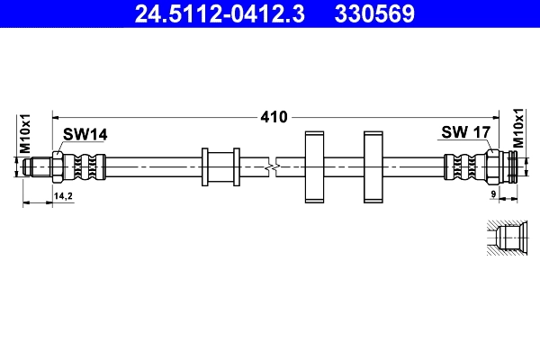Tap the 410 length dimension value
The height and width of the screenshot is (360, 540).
pos(274,116)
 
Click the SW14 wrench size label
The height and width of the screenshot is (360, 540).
pos(85,134)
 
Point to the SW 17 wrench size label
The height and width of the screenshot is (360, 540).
pos(464,132)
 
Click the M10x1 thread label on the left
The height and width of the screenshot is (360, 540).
pos(25,134)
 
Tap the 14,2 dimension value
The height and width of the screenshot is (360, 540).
pos(63,195)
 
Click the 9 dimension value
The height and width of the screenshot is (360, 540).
pos(493,195)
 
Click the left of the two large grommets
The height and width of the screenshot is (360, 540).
pos(315,166)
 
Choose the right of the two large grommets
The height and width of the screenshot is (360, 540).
pos(374,166)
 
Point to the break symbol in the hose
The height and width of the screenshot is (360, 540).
pos(274,166)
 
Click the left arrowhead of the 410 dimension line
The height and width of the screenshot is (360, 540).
pos(57,116)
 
